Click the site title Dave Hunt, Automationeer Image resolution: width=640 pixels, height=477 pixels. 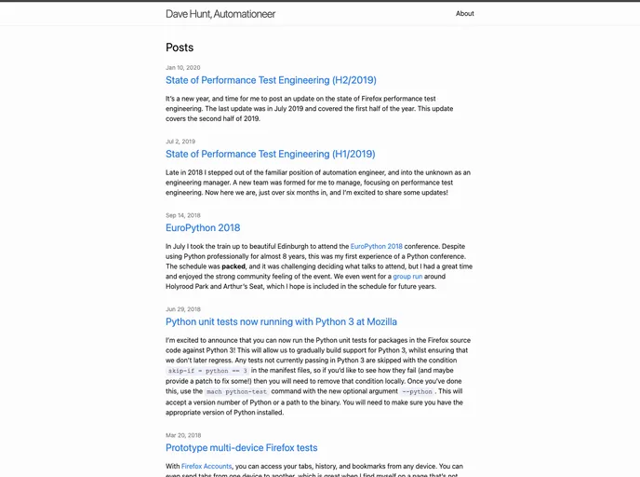point(220,14)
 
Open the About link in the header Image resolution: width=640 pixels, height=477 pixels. point(464,14)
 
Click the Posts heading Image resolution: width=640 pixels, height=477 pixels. point(180,48)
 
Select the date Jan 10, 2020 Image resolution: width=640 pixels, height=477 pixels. point(183,68)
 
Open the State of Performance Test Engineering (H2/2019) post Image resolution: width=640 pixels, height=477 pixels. point(271,80)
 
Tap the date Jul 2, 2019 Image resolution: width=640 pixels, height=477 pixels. point(180,142)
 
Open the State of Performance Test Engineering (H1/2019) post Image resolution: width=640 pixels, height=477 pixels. point(270,154)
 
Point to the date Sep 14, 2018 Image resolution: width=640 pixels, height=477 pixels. point(183,215)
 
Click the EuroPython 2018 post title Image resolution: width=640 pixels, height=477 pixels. point(203,227)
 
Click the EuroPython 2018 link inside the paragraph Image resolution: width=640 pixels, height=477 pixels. point(376,247)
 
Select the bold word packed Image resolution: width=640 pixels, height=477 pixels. point(233,266)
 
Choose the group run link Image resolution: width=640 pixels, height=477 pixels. point(407,277)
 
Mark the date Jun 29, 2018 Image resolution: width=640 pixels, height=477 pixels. point(183,309)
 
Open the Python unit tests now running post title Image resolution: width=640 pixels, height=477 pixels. point(281,321)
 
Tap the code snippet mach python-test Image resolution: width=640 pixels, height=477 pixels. point(236,391)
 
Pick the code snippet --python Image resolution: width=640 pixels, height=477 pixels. point(417,391)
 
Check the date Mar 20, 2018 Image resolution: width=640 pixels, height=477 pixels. point(183,435)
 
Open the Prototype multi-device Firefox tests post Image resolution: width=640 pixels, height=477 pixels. point(241,447)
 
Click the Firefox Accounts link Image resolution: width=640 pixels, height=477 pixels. point(207,466)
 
